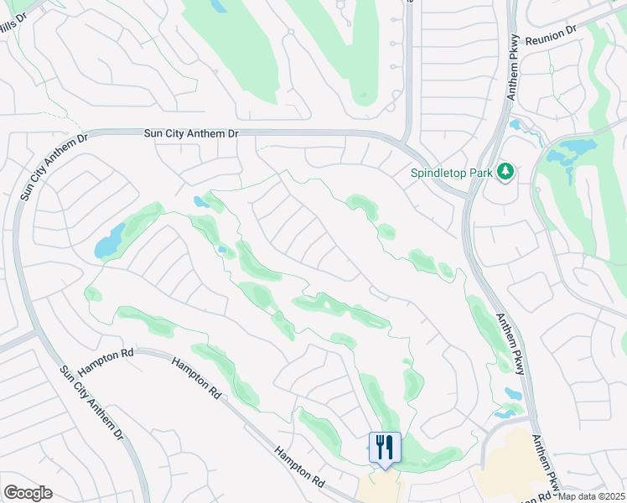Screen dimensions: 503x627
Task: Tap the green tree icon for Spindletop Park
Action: [x=505, y=172]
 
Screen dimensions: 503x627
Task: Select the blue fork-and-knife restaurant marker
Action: [x=385, y=447]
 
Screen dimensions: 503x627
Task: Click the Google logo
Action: [x=28, y=493]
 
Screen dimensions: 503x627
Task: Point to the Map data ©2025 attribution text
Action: [x=591, y=496]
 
